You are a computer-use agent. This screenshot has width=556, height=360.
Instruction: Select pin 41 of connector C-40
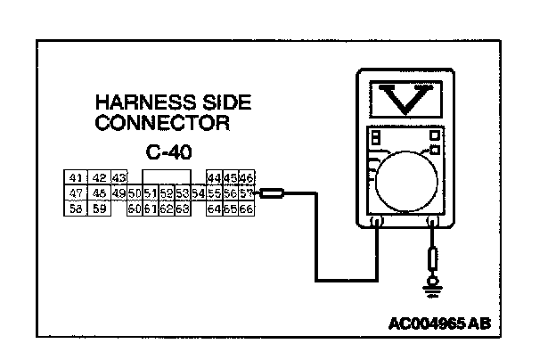click(76, 177)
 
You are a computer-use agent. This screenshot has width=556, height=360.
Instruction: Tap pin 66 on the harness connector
click(247, 209)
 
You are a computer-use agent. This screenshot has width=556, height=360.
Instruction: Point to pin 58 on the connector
click(76, 209)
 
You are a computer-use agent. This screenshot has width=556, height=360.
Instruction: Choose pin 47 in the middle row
click(76, 192)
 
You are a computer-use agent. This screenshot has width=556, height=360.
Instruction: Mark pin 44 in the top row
click(214, 177)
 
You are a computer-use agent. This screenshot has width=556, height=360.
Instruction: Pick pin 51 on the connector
click(150, 192)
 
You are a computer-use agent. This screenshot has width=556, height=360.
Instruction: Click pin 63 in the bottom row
click(182, 209)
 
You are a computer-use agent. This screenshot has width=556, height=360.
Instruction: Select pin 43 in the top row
click(120, 177)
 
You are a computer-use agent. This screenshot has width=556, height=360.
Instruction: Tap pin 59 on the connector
click(99, 209)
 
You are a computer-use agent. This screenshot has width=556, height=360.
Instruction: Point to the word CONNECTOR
click(163, 122)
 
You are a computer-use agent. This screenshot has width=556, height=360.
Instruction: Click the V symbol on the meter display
click(405, 101)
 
